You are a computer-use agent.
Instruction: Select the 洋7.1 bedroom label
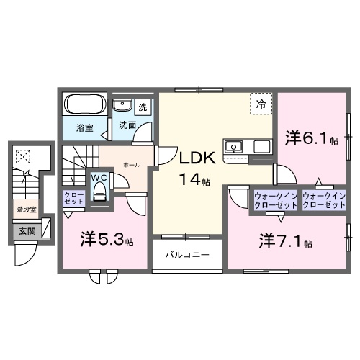(x=282, y=240)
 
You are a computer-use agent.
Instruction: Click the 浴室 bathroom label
(x=85, y=128)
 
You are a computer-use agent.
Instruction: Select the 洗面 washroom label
(x=127, y=125)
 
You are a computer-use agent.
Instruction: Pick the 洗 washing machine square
(x=143, y=107)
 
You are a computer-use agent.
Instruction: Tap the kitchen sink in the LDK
(x=235, y=148)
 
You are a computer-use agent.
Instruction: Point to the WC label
(x=99, y=178)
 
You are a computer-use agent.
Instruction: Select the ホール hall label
(x=132, y=165)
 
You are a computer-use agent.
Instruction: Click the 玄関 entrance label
(x=27, y=231)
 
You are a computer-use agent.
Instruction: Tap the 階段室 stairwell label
(x=27, y=211)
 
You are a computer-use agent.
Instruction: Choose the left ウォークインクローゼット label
(x=274, y=200)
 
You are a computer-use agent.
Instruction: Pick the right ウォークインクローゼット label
(x=323, y=200)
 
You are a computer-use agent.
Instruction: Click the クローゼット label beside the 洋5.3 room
(x=73, y=198)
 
